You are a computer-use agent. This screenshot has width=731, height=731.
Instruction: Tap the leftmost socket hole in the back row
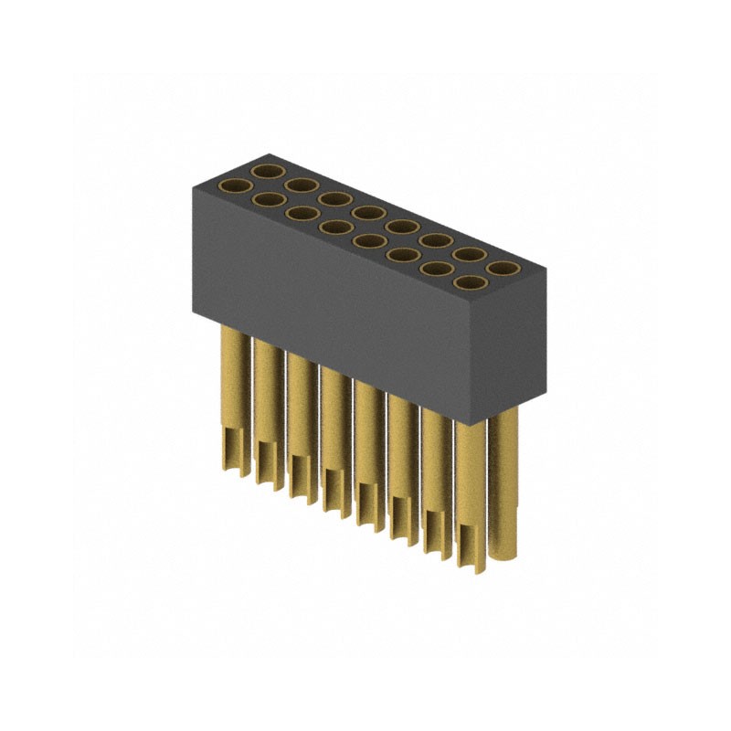pyautogui.click(x=266, y=171)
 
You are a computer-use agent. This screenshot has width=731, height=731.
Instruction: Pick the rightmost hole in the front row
pyautogui.click(x=470, y=284)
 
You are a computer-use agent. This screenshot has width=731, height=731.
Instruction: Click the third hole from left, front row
pyautogui.click(x=302, y=214)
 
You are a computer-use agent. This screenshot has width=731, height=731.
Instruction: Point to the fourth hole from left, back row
pyautogui.click(x=366, y=213)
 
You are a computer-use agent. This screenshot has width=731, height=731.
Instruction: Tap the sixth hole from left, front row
pyautogui.click(x=402, y=256)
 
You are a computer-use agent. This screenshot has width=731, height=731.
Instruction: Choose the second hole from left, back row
pyautogui.click(x=300, y=185)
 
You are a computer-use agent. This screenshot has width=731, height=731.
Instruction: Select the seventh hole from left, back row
pyautogui.click(x=468, y=255)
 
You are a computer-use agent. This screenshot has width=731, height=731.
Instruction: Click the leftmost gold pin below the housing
pyautogui.click(x=233, y=393)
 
